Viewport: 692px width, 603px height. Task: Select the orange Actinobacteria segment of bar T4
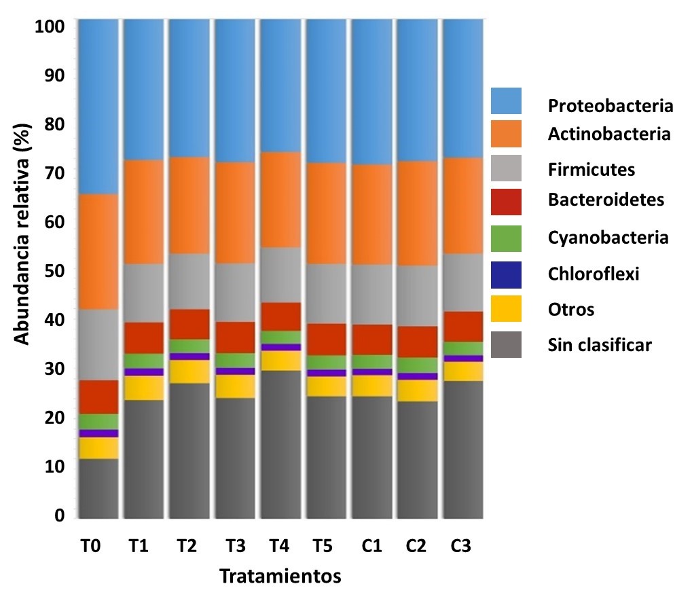click(x=281, y=199)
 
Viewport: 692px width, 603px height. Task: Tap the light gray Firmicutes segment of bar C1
click(x=371, y=294)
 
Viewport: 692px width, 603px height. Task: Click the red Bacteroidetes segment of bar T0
click(x=98, y=397)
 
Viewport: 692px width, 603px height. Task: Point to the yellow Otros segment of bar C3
click(x=462, y=371)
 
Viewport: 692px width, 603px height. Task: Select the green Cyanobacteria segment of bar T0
click(x=98, y=421)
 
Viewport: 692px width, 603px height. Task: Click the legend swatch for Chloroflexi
click(x=506, y=274)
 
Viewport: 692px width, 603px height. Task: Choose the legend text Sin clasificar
click(x=600, y=346)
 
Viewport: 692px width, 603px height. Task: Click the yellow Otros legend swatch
click(x=506, y=309)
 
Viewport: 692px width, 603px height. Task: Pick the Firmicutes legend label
click(x=591, y=169)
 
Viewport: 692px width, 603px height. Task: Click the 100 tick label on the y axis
click(x=50, y=27)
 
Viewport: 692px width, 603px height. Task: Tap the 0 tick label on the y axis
click(x=59, y=515)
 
